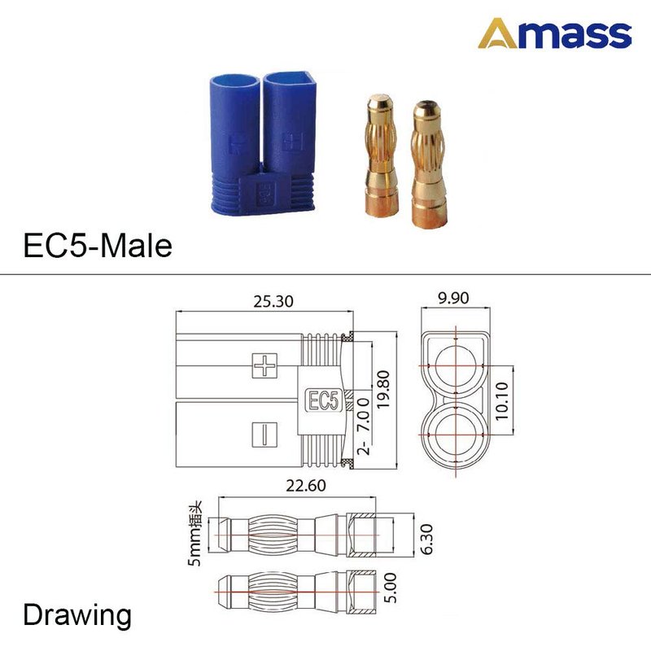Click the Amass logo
555,33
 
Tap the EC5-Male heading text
98,246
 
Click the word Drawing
77,616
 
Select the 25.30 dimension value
273,301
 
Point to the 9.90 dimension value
453,298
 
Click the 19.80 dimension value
383,390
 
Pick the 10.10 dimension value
502,400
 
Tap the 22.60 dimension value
306,485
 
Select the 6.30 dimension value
426,540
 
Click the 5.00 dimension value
391,588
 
